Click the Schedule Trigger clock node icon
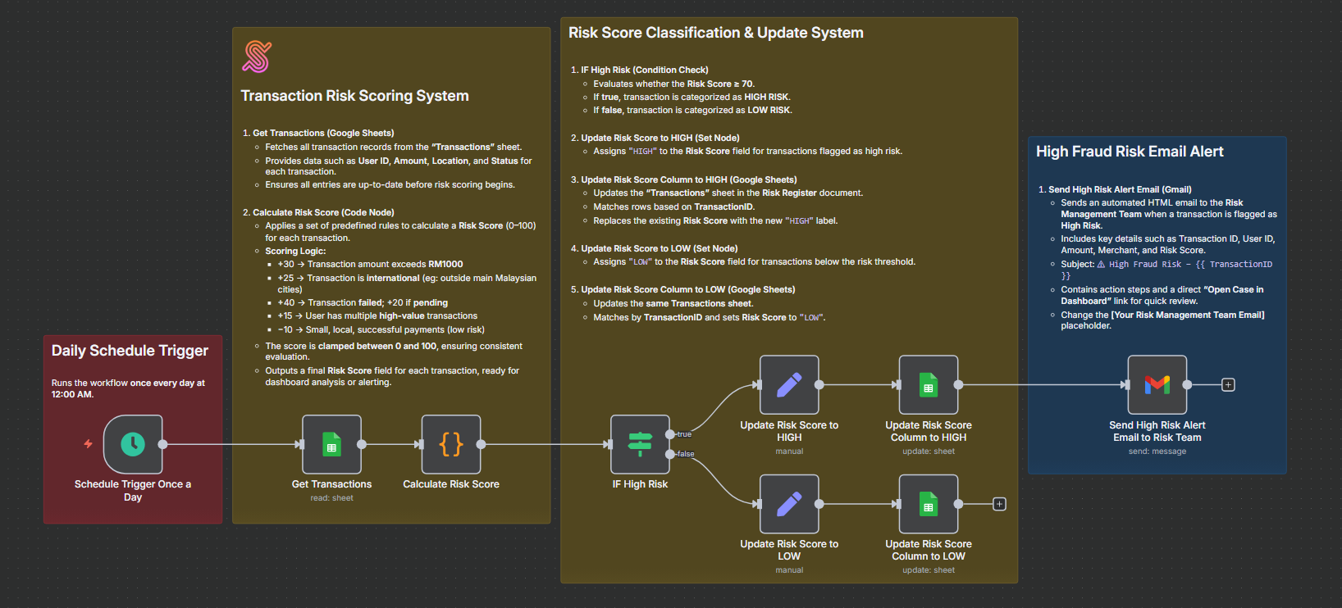(133, 444)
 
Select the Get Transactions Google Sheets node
(331, 444)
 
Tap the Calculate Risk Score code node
(451, 444)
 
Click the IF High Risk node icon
(640, 444)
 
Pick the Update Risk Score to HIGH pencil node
(789, 384)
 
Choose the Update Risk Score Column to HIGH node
(929, 384)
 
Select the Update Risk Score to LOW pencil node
(789, 504)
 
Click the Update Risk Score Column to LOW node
(929, 504)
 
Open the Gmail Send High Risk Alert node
(1157, 384)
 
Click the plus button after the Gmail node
(1228, 384)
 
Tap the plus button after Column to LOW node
(999, 504)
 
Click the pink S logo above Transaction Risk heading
(257, 57)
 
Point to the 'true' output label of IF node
(684, 434)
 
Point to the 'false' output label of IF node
(686, 454)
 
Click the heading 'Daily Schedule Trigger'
(130, 351)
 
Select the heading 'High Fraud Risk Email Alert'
(1130, 152)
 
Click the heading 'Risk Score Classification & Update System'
(715, 33)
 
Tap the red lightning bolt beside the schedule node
(88, 444)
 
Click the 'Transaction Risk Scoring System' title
(354, 96)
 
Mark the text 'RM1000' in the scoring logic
(445, 264)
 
